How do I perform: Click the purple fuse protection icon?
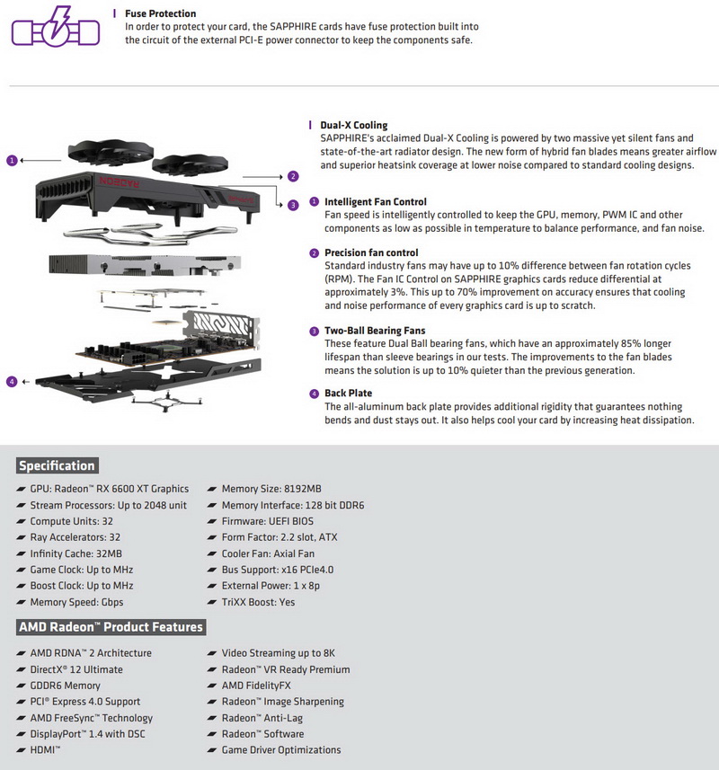click(x=56, y=28)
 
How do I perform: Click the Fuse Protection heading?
click(x=160, y=13)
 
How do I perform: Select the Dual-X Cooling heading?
click(x=353, y=125)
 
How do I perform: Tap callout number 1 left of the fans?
click(x=12, y=160)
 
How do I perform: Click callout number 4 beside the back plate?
click(x=12, y=382)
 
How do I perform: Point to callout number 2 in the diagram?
click(x=293, y=176)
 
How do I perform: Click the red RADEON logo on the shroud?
click(x=120, y=181)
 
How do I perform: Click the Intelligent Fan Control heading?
click(x=375, y=202)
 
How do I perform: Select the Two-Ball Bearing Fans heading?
click(x=375, y=331)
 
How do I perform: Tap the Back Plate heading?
click(x=348, y=393)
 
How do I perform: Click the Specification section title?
click(x=57, y=465)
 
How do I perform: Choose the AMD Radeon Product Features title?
click(x=111, y=627)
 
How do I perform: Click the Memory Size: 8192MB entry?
click(x=271, y=489)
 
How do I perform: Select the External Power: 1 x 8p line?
click(x=271, y=585)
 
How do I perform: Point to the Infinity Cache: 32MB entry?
click(x=76, y=553)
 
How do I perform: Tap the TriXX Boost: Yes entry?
click(x=258, y=602)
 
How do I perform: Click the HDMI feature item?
click(x=45, y=750)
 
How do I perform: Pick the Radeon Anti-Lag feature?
click(x=262, y=718)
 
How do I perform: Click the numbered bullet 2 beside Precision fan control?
click(x=315, y=253)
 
